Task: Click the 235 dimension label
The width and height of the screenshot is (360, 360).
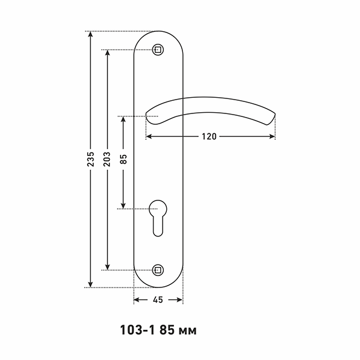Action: point(91,159)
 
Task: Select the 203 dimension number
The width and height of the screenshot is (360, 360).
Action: point(107,159)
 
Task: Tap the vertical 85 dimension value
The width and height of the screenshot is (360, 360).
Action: point(123,159)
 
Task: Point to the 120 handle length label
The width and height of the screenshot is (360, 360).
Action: point(209,137)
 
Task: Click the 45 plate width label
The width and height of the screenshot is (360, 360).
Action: point(158,300)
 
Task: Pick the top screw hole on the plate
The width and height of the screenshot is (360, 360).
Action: point(158,50)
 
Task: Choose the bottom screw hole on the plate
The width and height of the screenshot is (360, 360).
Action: point(158,270)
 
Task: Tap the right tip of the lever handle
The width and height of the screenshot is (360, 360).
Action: point(275,114)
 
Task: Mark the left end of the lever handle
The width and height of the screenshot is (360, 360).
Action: point(146,114)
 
